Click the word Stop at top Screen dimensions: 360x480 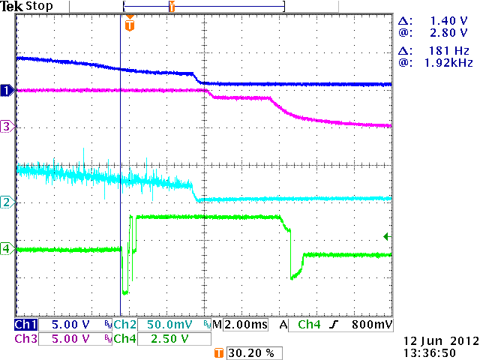click(40, 6)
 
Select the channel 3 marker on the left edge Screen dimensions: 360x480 click(6, 127)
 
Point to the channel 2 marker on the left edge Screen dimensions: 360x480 click(6, 202)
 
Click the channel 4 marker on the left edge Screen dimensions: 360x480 click(6, 248)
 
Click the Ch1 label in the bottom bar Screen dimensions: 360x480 click(25, 325)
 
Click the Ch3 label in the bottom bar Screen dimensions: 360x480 click(25, 338)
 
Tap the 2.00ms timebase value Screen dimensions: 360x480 click(244, 325)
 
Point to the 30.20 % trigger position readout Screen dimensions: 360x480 click(247, 352)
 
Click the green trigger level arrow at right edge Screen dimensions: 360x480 click(387, 237)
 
